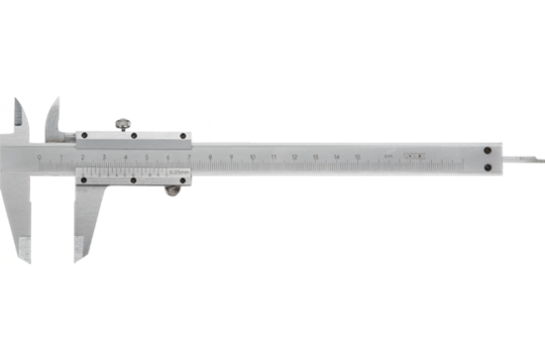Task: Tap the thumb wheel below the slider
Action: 173,186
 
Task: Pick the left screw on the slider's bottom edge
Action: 84,180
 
